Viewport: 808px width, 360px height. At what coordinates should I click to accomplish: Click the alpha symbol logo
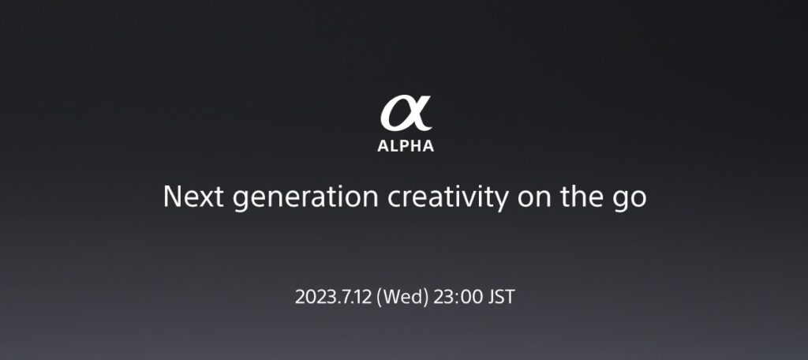coord(406,114)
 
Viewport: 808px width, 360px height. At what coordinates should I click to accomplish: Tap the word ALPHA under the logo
coord(406,146)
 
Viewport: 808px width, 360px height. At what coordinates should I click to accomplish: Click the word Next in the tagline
coord(193,197)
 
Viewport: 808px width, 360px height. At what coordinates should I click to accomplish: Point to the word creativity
coord(448,198)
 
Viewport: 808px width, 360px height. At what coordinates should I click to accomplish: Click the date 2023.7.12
coord(334,297)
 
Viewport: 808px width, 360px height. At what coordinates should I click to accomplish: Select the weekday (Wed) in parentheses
coord(402,298)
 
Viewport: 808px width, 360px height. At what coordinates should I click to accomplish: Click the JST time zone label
coord(501,297)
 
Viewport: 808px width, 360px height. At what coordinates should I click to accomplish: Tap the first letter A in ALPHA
coord(383,146)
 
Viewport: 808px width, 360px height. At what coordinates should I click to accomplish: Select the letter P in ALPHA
coord(405,146)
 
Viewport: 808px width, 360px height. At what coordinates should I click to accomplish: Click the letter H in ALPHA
coord(416,146)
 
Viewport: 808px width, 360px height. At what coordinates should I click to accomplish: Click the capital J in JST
coord(492,297)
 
